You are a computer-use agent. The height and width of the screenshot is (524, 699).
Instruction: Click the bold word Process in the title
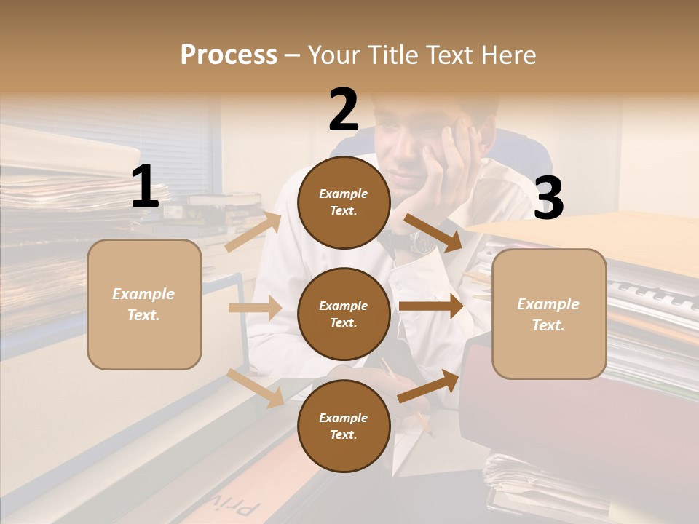(229, 55)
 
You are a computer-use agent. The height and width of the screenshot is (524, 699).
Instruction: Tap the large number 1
(145, 186)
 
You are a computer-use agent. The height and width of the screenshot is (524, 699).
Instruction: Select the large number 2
(344, 110)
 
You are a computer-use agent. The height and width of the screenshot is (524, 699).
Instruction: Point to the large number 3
(548, 198)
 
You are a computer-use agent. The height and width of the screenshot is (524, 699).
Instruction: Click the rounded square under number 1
(144, 304)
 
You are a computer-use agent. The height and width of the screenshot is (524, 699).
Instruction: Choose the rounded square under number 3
(549, 314)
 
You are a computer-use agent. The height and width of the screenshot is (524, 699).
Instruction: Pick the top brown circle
(344, 202)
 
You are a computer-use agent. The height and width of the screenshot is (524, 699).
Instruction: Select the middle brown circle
(344, 314)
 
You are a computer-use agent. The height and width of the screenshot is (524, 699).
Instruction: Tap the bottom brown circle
(344, 426)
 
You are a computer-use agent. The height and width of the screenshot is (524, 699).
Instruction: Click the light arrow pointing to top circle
(253, 232)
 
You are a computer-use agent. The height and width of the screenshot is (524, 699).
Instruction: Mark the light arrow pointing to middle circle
(254, 308)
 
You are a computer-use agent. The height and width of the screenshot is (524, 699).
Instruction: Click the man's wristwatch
(422, 240)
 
